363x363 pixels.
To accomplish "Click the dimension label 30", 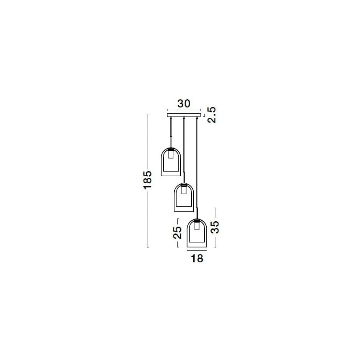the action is [184, 104].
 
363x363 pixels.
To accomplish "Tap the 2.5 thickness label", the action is [212, 115].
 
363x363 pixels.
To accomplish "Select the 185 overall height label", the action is [147, 180].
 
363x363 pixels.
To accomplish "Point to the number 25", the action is [177, 233].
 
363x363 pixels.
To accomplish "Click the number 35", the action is [214, 227].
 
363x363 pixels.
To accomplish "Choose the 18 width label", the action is [197, 258].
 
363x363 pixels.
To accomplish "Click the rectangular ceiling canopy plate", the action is [184, 115].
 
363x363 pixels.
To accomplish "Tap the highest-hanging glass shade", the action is [171, 162].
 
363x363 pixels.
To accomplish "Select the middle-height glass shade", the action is [184, 197].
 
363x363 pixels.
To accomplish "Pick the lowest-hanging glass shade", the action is [197, 233].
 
